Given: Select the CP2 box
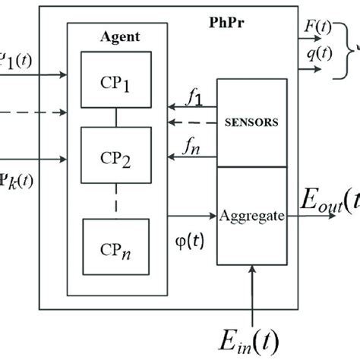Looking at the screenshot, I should pos(116,159).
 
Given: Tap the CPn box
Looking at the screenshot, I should pos(116,248).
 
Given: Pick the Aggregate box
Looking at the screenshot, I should pos(251,216).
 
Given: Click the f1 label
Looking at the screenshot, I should pos(196,97).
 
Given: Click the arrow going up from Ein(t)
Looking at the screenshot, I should pos(251,292).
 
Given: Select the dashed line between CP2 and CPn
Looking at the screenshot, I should pos(116,201).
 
